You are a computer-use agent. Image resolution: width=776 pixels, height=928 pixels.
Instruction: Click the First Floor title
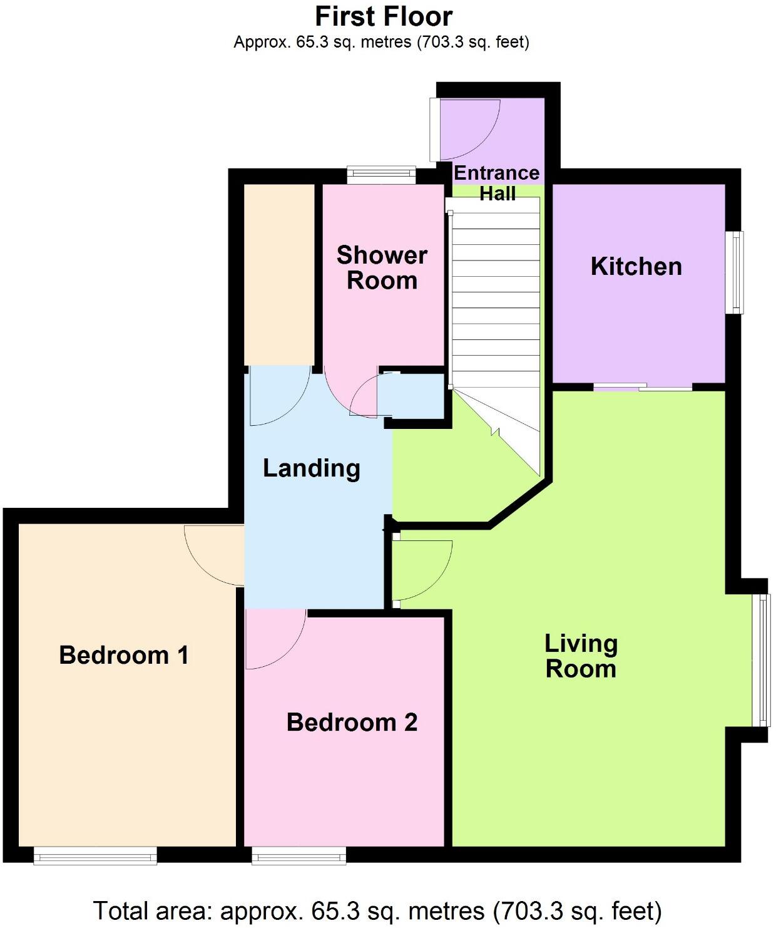[383, 16]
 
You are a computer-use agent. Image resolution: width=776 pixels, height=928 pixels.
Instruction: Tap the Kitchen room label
[636, 267]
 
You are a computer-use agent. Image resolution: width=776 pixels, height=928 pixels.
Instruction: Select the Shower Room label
[382, 268]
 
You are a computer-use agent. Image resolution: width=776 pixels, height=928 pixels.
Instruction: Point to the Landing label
[311, 468]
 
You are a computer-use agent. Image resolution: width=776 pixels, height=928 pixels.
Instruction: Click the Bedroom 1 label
[123, 656]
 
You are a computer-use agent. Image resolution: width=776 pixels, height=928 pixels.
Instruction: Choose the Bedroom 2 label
[352, 723]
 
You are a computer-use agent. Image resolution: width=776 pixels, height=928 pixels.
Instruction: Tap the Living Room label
[581, 656]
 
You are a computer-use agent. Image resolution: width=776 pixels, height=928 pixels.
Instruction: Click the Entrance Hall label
[497, 183]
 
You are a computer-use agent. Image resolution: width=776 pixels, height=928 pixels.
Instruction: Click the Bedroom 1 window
[95, 855]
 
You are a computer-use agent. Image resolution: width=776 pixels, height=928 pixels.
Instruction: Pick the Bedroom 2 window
[299, 855]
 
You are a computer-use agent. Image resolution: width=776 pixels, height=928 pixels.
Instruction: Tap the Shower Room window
[381, 174]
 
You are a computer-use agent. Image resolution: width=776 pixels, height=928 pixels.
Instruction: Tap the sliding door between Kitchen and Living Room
[643, 388]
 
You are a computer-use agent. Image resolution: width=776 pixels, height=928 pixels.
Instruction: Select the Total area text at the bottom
[377, 911]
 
